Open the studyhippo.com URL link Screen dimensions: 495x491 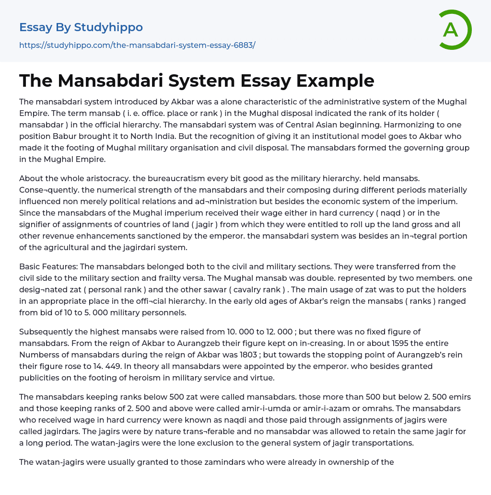coord(137,45)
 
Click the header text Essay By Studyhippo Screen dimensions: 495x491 coord(81,27)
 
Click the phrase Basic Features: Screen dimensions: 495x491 coord(48,266)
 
